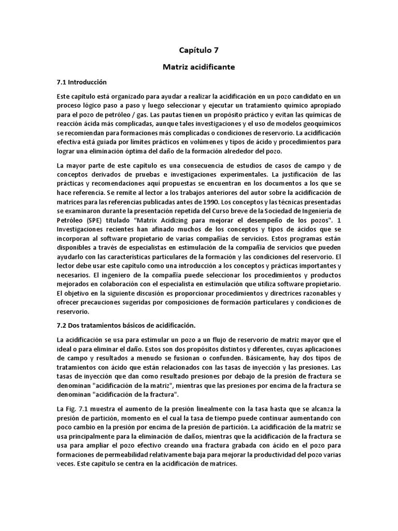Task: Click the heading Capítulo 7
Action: (x=198, y=50)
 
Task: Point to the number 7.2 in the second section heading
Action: (x=62, y=325)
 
